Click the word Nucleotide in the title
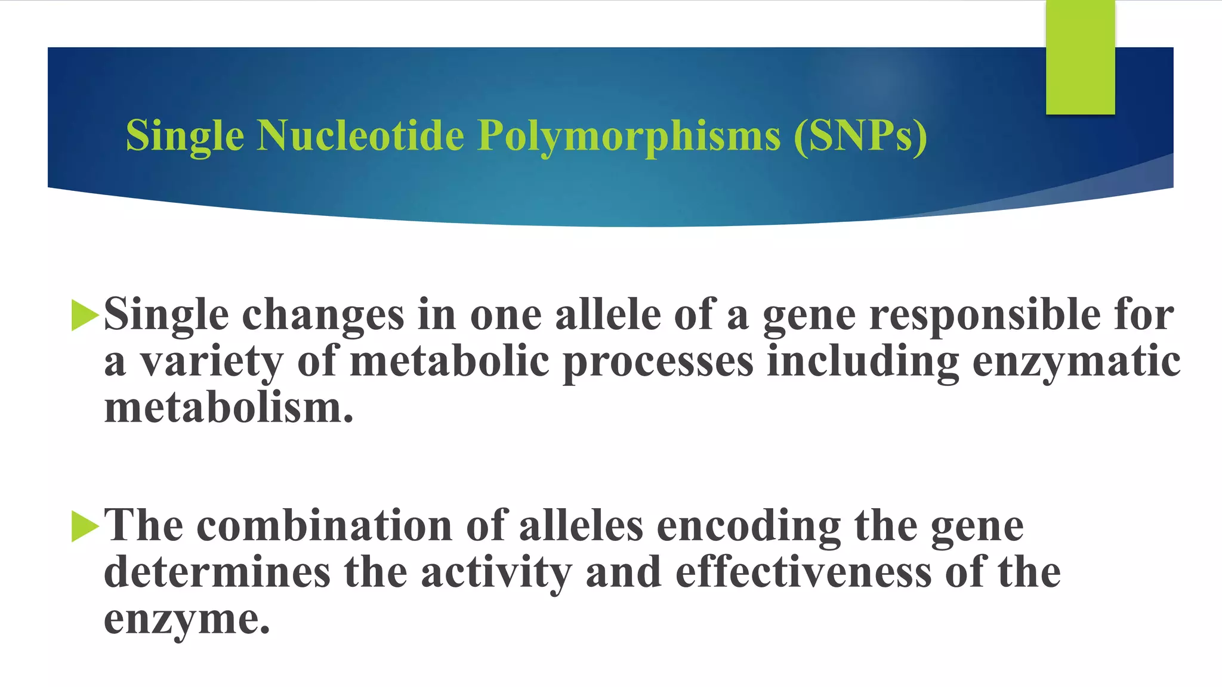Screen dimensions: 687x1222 (x=360, y=135)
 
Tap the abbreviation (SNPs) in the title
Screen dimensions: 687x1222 (x=860, y=136)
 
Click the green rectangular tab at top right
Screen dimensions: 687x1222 (x=1080, y=57)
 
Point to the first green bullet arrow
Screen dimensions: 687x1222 (x=84, y=315)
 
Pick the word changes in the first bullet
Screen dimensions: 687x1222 (x=323, y=315)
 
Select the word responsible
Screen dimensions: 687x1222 (x=985, y=315)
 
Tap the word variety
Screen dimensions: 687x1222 (x=211, y=361)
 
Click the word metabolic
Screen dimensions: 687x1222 (x=449, y=361)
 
